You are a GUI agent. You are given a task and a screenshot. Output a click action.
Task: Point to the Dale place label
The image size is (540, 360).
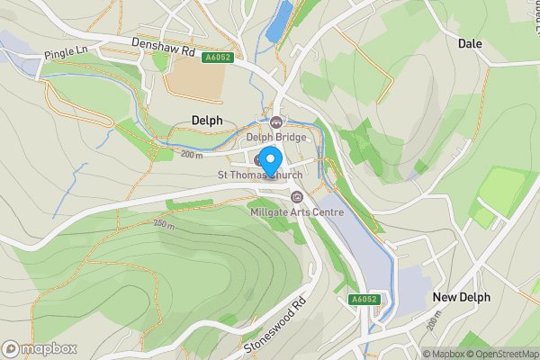tap(470, 43)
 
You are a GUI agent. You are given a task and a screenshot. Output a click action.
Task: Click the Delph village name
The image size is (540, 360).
tap(206, 120)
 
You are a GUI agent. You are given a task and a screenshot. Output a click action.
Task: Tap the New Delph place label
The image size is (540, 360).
tap(461, 297)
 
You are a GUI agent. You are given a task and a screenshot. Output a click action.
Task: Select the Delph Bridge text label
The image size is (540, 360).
tap(277, 138)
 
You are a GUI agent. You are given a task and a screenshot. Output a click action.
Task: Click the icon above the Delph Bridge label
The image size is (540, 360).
tap(276, 122)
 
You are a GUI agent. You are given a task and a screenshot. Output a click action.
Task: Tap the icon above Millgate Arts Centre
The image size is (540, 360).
tap(296, 196)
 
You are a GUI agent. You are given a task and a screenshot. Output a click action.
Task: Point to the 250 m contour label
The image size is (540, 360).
tap(163, 224)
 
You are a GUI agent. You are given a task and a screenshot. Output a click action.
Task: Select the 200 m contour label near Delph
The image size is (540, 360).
tap(191, 155)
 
